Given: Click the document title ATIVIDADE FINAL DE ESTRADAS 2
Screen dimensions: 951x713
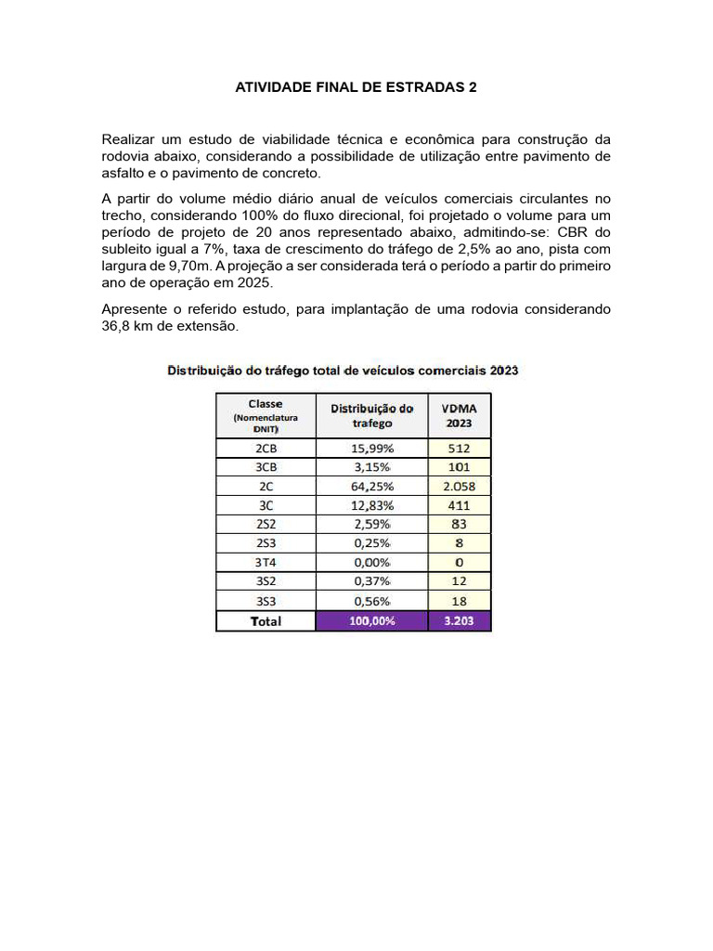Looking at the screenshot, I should [x=356, y=87].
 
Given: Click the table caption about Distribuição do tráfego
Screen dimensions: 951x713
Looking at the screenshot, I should [x=343, y=370].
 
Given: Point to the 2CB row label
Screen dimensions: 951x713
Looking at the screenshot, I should [x=266, y=448].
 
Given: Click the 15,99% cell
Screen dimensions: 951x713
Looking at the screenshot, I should [x=371, y=448].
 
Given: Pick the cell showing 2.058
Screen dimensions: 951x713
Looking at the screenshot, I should [x=459, y=487].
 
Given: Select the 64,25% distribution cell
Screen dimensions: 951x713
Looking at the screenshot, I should [x=371, y=487].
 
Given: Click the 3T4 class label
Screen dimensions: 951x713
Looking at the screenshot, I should [x=266, y=563].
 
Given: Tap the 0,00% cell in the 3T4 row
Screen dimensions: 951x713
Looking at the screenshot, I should [x=371, y=563].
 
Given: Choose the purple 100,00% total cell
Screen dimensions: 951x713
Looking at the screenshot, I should [x=371, y=620].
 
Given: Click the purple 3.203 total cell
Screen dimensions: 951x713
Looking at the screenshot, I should [x=459, y=620].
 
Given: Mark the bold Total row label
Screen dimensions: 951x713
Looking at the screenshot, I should [x=266, y=620].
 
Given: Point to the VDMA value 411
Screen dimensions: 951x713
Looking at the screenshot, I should [x=459, y=505].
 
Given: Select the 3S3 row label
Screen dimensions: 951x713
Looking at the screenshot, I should [x=266, y=601].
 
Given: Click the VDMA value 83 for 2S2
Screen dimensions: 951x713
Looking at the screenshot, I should [x=459, y=525].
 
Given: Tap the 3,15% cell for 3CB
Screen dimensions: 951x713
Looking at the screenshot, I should [x=371, y=467].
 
